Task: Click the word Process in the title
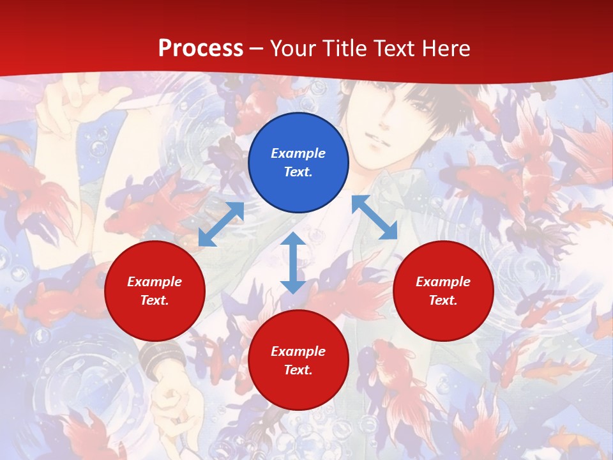coord(201,49)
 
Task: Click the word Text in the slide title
coord(394,49)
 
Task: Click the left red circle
coord(155,291)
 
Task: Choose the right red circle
coord(443,291)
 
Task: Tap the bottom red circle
coord(298,360)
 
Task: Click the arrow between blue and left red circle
coord(221,224)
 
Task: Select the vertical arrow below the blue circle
coord(293,263)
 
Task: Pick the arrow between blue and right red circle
coord(374,217)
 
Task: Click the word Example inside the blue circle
coord(298,153)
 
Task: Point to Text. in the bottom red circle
coord(298,370)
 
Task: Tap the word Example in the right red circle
coord(443,282)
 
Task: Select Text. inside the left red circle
coord(155,300)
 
